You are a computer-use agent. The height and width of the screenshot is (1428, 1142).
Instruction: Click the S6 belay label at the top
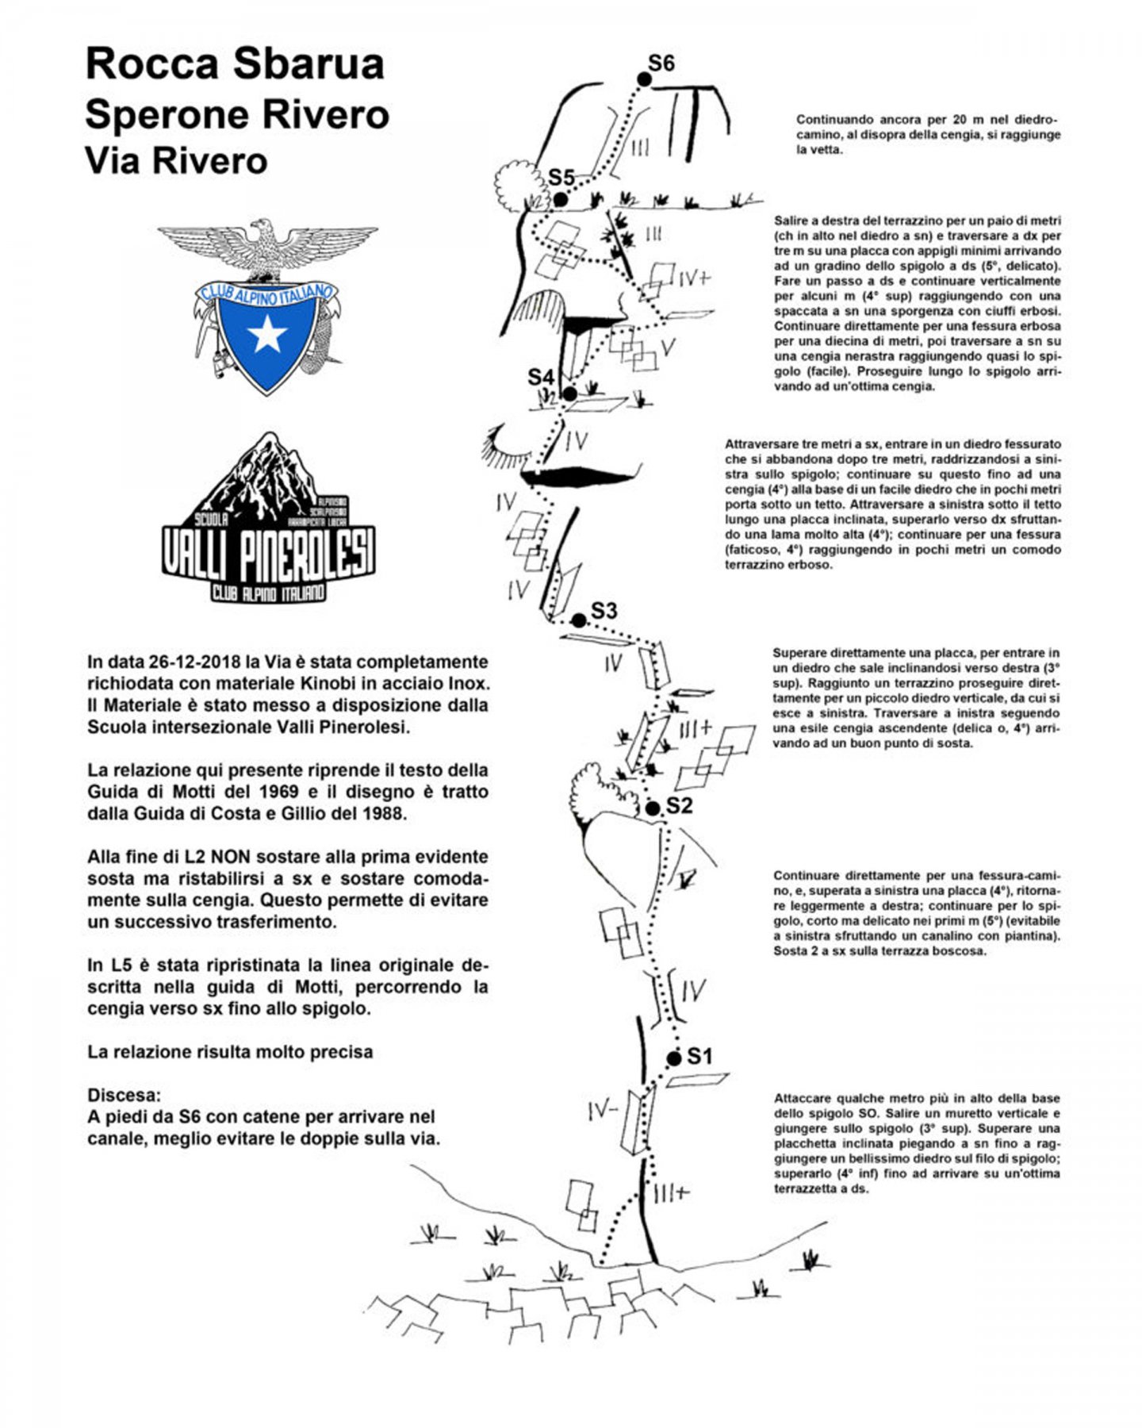[661, 63]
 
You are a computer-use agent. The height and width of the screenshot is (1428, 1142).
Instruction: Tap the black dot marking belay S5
[560, 199]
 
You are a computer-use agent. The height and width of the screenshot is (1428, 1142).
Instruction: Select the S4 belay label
[541, 378]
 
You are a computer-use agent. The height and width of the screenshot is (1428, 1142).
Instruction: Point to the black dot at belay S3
[579, 620]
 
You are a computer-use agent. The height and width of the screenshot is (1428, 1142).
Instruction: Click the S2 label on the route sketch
[679, 806]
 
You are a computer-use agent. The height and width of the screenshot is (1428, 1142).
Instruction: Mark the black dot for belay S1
[674, 1058]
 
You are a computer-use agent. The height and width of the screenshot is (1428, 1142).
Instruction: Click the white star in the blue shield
[267, 335]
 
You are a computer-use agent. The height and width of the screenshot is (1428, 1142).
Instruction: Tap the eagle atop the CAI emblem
[267, 248]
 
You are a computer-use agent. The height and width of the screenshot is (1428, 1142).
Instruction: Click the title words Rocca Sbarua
[235, 64]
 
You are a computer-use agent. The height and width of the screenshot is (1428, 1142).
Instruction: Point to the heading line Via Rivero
[176, 160]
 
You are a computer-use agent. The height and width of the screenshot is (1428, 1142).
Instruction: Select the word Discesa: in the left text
[124, 1095]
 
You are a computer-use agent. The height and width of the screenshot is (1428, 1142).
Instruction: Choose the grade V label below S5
[668, 347]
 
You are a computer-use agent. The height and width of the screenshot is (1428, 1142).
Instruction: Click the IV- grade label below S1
[603, 1112]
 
